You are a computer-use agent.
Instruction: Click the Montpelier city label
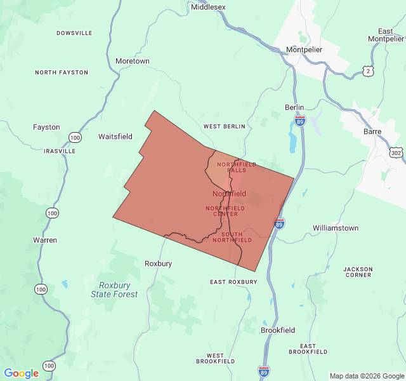point(304,50)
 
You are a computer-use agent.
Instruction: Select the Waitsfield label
point(115,137)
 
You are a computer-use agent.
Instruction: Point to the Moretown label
point(133,61)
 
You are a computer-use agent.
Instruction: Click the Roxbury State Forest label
point(114,290)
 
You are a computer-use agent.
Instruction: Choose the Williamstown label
point(336,228)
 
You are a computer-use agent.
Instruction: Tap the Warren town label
point(45,240)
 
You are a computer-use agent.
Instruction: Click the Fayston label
point(46,127)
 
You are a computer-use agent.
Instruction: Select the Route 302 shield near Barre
point(396,153)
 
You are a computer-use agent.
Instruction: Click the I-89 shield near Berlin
point(300,119)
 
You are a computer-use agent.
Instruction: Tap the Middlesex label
point(208,6)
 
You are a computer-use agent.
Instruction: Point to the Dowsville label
point(74,33)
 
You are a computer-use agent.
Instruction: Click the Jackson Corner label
point(358,272)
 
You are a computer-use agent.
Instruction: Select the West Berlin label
point(224,126)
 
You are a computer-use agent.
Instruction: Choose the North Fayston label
point(62,72)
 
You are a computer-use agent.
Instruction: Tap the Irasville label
point(60,151)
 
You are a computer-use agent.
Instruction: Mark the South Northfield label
point(232,237)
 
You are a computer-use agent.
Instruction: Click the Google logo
point(21,373)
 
